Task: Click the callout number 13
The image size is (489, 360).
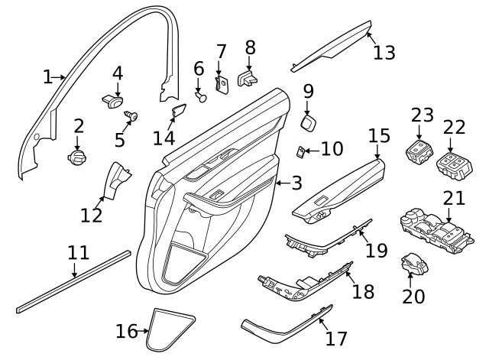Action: [385, 52]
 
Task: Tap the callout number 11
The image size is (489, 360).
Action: [78, 253]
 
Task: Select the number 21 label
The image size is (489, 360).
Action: [454, 198]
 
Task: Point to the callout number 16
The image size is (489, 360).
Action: [127, 331]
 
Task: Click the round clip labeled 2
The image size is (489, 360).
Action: [77, 157]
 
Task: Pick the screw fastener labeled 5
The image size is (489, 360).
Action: [131, 116]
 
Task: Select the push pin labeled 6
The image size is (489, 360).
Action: [202, 96]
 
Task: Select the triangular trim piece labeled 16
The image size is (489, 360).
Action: [170, 328]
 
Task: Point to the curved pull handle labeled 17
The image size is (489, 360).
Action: [285, 325]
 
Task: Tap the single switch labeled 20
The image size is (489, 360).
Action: [414, 264]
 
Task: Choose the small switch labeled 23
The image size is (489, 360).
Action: [419, 149]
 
